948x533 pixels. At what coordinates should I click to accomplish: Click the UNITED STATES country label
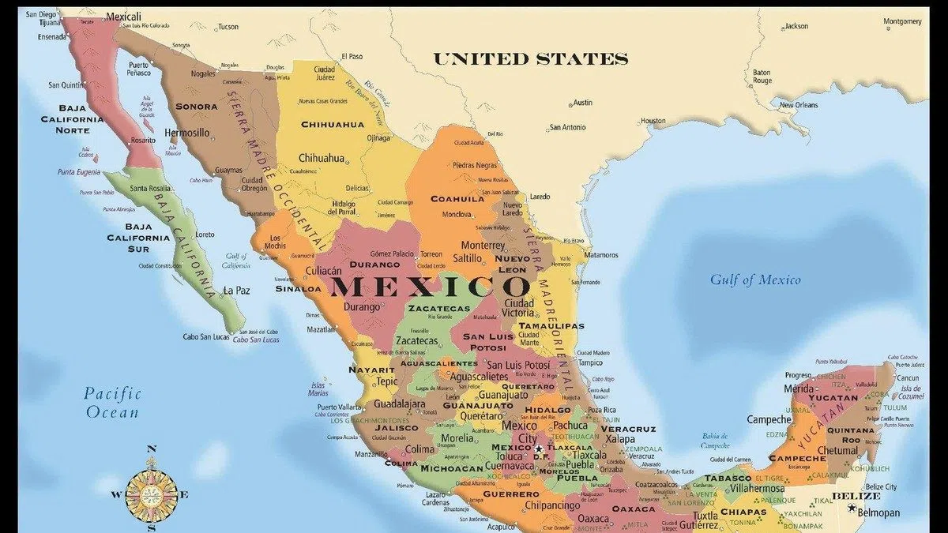pyautogui.click(x=530, y=59)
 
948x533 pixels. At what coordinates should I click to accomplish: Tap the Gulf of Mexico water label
pyautogui.click(x=754, y=280)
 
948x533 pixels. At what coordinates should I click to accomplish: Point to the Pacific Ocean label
pyautogui.click(x=112, y=402)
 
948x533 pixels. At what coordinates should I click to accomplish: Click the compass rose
pyautogui.click(x=151, y=494)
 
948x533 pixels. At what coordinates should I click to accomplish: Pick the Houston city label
pyautogui.click(x=653, y=121)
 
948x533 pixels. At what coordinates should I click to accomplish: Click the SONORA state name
pyautogui.click(x=197, y=107)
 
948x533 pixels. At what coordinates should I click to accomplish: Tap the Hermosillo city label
pyautogui.click(x=187, y=133)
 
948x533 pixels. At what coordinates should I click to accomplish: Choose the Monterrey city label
pyautogui.click(x=483, y=246)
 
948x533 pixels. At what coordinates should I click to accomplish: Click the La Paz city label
pyautogui.click(x=236, y=291)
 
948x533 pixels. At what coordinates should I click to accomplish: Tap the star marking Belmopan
pyautogui.click(x=852, y=507)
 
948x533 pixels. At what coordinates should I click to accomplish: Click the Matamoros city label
pyautogui.click(x=601, y=255)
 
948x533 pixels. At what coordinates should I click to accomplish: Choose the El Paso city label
pyautogui.click(x=352, y=57)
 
